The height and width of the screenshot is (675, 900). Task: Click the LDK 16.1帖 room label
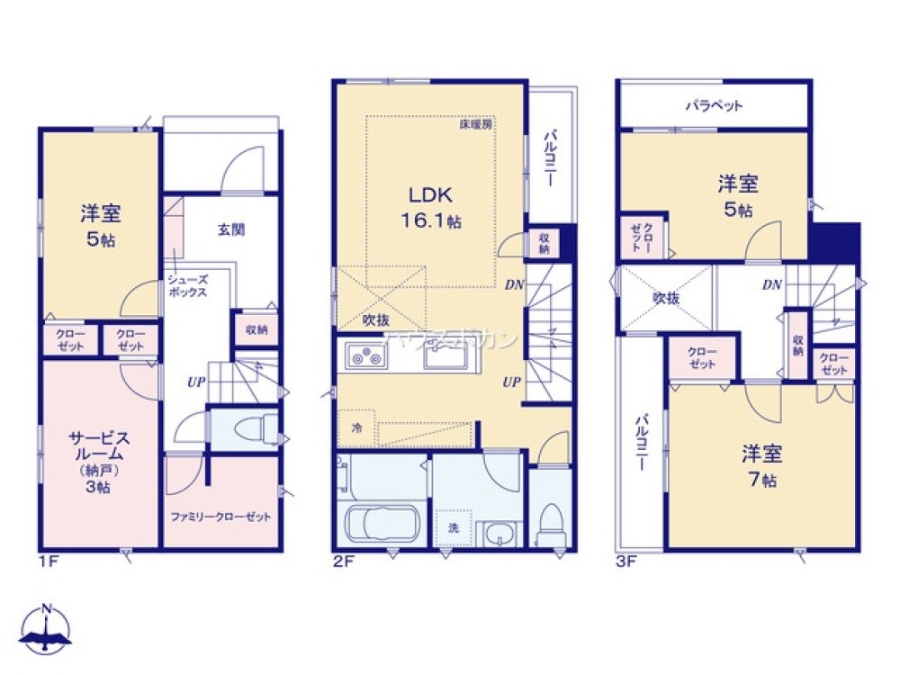coord(436,206)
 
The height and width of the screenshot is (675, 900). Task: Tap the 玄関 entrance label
coord(231,229)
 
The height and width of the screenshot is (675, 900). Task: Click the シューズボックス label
coord(187,286)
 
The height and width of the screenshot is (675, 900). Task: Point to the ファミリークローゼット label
coord(220,517)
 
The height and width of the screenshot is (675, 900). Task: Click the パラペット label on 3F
coord(714,105)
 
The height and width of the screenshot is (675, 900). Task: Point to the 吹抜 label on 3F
coord(666,297)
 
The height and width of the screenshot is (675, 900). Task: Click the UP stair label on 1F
coord(195,382)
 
